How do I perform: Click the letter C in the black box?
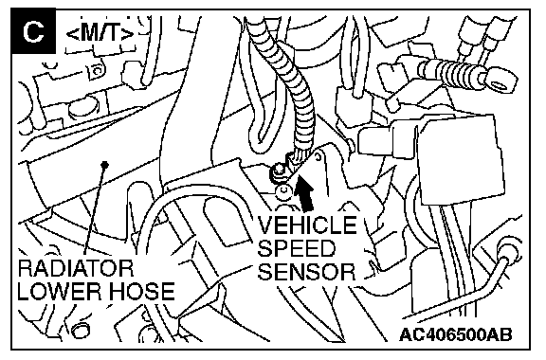33,31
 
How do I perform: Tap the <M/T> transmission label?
100,34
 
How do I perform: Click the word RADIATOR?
76,268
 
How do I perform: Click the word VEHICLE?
307,225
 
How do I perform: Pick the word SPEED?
297,247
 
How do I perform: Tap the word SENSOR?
306,271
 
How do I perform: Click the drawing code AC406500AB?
456,335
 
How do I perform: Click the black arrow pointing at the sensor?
303,192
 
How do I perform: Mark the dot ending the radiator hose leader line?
104,163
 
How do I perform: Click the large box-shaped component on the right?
460,160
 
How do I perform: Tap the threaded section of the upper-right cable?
454,72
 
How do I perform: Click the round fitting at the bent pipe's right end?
508,251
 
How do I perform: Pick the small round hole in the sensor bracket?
318,156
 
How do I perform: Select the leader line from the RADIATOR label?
94,210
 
